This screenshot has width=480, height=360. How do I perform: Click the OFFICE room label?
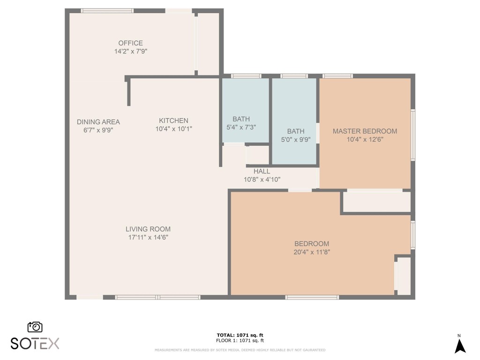[x=130, y=43]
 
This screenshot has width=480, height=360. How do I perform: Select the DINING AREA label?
[x=98, y=122]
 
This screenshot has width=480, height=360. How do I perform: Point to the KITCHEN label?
[x=173, y=120]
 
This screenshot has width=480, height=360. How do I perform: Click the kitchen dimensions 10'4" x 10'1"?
[x=173, y=128]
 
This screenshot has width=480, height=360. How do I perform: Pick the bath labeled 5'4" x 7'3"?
[x=241, y=123]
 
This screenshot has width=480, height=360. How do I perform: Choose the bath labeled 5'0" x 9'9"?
[x=295, y=135]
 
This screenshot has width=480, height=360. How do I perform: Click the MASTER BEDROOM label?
[x=365, y=131]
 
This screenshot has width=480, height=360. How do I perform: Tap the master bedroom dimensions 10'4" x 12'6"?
[x=365, y=139]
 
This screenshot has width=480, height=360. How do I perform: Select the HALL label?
[x=262, y=171]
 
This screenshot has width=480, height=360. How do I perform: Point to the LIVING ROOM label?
[x=148, y=229]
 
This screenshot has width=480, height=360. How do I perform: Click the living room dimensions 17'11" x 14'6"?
[x=148, y=237]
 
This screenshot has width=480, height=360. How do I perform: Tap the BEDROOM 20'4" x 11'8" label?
[x=311, y=247]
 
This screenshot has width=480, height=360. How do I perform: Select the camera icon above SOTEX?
[x=35, y=327]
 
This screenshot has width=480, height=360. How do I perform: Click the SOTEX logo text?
[x=35, y=344]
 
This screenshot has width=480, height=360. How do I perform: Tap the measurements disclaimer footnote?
[x=240, y=350]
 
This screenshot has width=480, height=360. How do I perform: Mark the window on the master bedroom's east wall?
[x=413, y=135]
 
